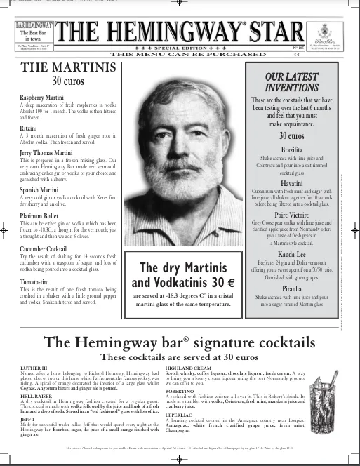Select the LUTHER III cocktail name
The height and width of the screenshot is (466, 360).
click(32, 368)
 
